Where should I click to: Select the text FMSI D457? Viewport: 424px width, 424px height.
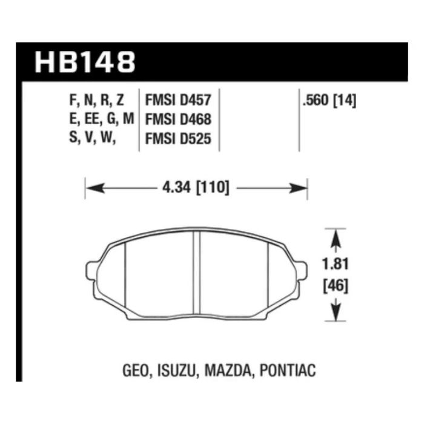tap(178, 100)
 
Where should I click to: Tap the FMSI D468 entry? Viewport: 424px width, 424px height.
tap(178, 119)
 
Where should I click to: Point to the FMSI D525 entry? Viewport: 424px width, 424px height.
tap(178, 139)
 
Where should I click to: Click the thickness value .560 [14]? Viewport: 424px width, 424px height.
tap(330, 101)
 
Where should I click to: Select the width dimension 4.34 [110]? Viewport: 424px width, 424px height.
tap(196, 187)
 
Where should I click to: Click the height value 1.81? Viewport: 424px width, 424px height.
tap(336, 263)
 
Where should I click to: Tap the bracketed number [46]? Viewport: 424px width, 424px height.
tap(336, 286)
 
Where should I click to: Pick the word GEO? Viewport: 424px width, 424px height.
tap(136, 371)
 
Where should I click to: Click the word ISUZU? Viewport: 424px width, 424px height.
tap(176, 371)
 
